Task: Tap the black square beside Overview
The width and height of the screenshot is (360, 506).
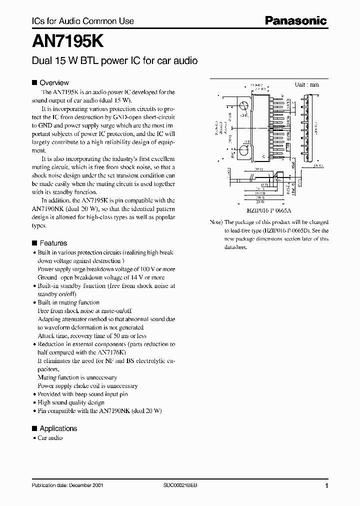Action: (x=34, y=82)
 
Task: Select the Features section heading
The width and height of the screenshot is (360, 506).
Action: (x=53, y=243)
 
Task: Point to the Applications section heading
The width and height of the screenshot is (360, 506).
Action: (x=58, y=428)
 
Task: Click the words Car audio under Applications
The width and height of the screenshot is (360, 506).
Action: (x=50, y=437)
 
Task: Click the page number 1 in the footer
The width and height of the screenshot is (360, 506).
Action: (x=326, y=486)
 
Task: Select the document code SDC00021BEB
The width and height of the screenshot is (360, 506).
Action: (x=180, y=486)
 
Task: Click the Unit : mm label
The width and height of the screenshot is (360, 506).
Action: (x=306, y=84)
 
